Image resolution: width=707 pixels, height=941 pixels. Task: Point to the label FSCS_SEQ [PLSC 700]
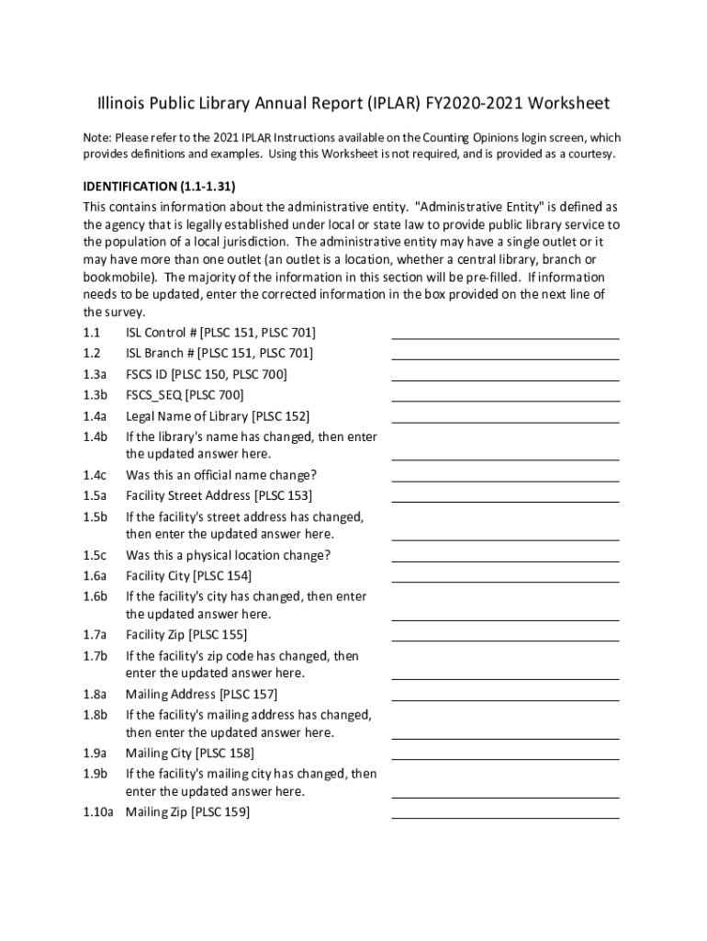pos(185,395)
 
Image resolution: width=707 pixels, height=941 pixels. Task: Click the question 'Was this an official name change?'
pos(221,475)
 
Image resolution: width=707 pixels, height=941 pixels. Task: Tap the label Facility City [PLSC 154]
pos(188,576)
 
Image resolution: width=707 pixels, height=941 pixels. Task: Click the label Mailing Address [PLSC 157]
pos(201,695)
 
